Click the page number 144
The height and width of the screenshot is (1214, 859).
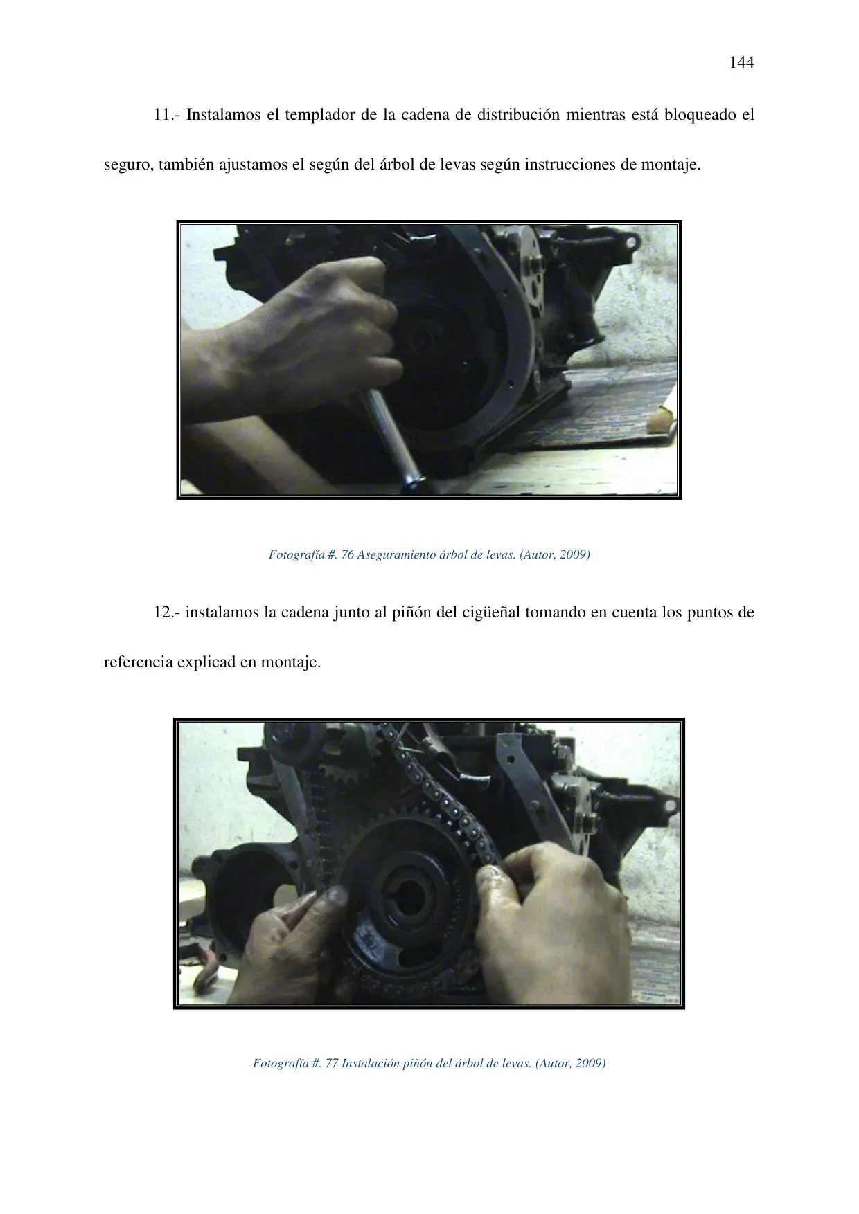click(x=742, y=62)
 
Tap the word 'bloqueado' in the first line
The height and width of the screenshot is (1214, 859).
click(x=699, y=115)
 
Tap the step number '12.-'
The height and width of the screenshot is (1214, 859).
click(x=167, y=613)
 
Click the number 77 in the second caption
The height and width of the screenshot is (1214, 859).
click(x=331, y=1063)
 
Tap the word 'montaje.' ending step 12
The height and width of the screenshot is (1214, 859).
click(x=290, y=663)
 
